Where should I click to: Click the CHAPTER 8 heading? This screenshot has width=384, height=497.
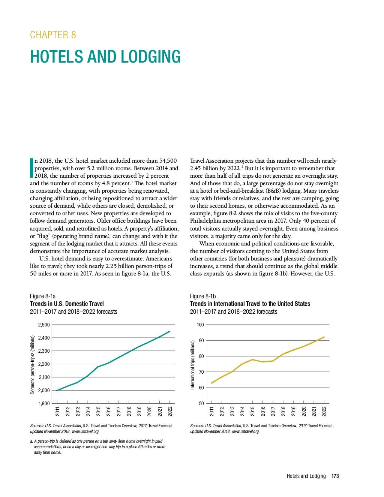[53, 35]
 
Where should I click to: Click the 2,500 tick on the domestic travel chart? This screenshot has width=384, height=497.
[44, 325]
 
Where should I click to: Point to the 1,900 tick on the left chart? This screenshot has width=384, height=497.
[44, 403]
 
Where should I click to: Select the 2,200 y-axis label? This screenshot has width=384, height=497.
[44, 364]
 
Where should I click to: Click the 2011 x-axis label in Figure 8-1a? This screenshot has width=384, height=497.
[57, 411]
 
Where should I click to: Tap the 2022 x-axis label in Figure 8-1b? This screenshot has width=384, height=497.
[324, 411]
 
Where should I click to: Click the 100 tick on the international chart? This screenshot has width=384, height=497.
[200, 325]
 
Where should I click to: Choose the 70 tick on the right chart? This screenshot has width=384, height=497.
[201, 372]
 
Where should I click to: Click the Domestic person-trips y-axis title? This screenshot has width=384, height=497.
[33, 365]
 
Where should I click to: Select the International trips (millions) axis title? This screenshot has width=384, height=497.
[193, 365]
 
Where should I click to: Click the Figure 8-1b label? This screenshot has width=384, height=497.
[203, 296]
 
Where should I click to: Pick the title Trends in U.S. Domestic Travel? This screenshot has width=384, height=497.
[67, 304]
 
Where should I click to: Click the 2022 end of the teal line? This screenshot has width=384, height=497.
[170, 331]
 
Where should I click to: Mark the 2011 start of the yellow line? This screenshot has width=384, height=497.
[211, 383]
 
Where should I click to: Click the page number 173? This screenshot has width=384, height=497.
[335, 476]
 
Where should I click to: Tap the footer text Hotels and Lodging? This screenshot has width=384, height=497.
[306, 476]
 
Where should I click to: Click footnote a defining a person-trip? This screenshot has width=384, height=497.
[97, 447]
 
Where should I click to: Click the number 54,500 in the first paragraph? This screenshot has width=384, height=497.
[167, 160]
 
